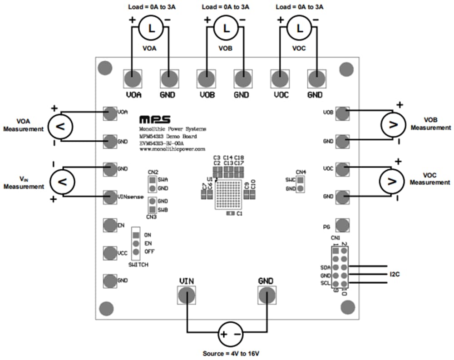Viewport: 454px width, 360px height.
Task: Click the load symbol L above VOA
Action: pos(150,28)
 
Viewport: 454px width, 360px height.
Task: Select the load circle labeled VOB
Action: pos(225,28)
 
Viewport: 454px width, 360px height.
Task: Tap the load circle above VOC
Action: pos(299,28)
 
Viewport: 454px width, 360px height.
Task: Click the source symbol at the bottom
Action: pos(230,335)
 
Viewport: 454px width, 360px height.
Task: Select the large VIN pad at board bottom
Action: pos(186,296)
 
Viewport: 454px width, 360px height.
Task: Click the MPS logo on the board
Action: pos(155,119)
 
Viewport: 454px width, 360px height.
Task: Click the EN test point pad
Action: pos(109,225)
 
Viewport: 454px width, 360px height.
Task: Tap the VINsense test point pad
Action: pos(109,197)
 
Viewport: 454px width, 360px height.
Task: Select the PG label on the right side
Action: pos(326,226)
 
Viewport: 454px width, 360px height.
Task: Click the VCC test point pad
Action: pos(109,253)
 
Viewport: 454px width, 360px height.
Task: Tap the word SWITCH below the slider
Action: pos(138,265)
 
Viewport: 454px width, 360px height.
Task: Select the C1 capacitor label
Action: pos(240,213)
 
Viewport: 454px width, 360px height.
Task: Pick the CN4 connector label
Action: pos(301,172)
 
